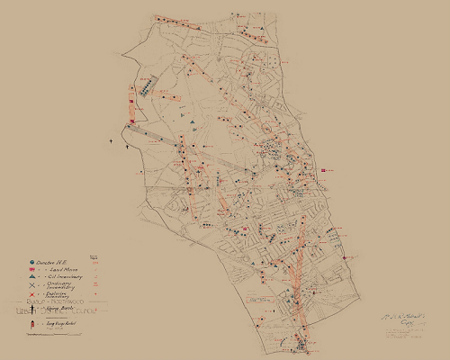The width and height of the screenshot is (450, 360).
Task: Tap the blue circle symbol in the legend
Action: tap(31, 262)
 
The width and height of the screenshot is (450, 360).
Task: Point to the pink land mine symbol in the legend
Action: tap(31, 271)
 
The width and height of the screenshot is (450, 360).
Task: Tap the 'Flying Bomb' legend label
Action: tap(56, 307)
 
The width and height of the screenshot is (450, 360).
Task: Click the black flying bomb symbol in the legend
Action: tap(32, 307)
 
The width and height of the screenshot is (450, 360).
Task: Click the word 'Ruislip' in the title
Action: tap(33, 302)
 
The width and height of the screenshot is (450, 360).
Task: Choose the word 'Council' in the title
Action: tap(82, 312)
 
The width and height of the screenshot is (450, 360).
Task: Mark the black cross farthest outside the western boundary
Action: tap(112, 141)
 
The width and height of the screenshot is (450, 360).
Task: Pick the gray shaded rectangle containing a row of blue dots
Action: tap(144, 87)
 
